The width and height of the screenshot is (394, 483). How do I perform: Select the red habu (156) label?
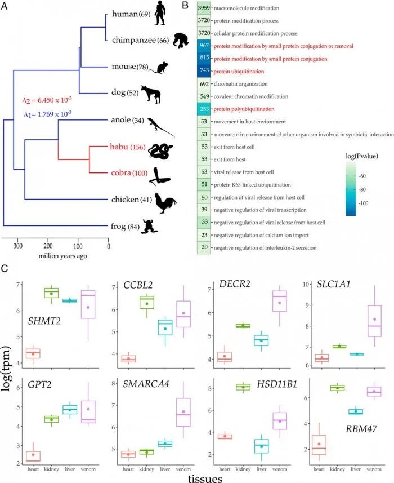[x=127, y=148]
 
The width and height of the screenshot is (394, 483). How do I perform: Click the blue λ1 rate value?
[x=47, y=114]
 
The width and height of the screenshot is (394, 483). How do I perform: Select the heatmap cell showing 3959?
[x=204, y=8]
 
